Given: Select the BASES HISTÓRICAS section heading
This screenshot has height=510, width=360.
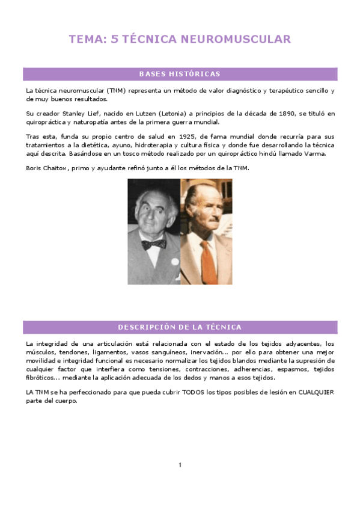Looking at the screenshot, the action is (x=180, y=74).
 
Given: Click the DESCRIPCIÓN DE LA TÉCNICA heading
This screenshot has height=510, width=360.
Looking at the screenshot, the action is (x=180, y=327).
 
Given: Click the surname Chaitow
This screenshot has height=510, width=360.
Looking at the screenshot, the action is (x=55, y=168).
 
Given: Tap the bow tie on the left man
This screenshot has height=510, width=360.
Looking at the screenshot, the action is (x=154, y=244).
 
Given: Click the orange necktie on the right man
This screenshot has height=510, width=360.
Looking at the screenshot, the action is (x=207, y=259).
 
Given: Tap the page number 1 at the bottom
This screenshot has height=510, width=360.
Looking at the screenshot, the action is (x=180, y=464).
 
